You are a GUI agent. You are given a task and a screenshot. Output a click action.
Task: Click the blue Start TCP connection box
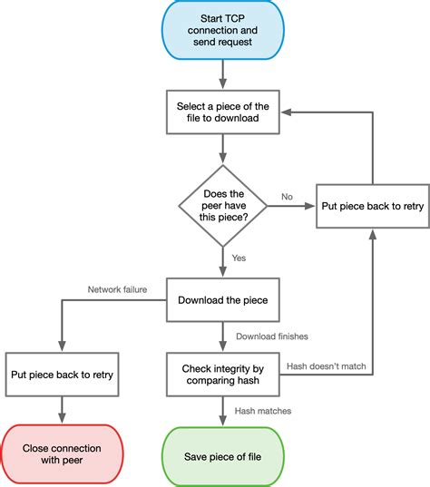[223, 30]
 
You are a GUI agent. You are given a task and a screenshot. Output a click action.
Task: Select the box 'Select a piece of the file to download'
[223, 112]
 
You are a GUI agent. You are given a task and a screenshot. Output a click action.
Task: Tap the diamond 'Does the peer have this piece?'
[223, 206]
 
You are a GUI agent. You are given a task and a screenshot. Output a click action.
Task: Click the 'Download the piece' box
[223, 300]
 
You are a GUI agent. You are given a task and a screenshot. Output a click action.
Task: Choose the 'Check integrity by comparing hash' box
[223, 375]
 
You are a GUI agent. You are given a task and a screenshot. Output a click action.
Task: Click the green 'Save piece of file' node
[223, 456]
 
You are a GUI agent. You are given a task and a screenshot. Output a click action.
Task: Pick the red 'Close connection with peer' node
[62, 454]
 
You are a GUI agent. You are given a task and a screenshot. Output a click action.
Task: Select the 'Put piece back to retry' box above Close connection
[62, 375]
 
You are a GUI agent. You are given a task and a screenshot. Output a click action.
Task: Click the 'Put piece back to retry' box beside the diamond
[373, 206]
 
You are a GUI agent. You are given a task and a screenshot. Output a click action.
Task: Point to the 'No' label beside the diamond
[287, 197]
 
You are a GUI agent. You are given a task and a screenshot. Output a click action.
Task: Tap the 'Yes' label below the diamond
[239, 258]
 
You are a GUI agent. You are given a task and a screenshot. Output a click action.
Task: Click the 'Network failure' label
[117, 289]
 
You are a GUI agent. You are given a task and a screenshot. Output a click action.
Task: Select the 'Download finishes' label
[272, 336]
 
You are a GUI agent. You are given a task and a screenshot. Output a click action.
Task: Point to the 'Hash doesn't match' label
[327, 366]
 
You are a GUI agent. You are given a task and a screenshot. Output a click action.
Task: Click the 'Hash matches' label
[263, 411]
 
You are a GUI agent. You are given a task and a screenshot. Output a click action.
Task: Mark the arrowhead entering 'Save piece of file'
[223, 421]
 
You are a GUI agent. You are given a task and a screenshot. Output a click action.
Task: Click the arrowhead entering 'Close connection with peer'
[62, 418]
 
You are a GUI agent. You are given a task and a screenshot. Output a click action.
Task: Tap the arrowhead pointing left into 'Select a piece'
[286, 112]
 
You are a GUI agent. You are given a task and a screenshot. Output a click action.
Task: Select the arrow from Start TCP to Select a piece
[223, 74]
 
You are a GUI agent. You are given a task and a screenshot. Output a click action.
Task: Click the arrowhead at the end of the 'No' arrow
[309, 206]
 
